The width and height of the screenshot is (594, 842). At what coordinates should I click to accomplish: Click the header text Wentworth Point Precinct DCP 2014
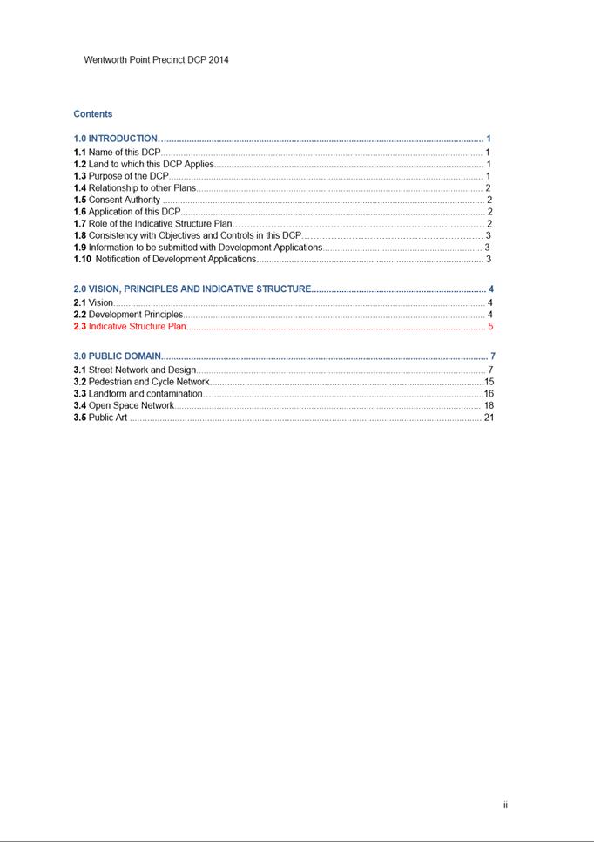[156, 60]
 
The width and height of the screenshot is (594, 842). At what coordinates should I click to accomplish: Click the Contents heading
[93, 114]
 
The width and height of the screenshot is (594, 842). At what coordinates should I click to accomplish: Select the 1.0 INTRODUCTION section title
[116, 139]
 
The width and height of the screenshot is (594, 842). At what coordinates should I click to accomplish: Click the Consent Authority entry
[125, 200]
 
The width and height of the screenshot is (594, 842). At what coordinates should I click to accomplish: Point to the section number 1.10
[82, 259]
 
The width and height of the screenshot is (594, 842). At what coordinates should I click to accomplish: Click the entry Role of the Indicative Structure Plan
[160, 224]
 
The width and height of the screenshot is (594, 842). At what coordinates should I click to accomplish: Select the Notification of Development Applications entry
[175, 259]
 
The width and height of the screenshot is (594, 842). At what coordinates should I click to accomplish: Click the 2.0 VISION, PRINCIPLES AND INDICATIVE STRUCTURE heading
[192, 289]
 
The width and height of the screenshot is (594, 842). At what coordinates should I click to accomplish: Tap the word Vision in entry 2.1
[100, 302]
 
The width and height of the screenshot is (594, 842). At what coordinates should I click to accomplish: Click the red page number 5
[490, 327]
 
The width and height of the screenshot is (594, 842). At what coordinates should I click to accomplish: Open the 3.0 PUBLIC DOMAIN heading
[118, 356]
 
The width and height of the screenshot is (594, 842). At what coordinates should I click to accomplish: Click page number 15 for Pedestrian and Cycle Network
[489, 382]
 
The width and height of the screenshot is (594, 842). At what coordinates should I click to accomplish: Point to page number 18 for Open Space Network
[489, 405]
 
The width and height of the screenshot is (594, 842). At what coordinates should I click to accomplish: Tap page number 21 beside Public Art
[489, 418]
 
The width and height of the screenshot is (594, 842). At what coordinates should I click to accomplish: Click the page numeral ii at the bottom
[505, 805]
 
